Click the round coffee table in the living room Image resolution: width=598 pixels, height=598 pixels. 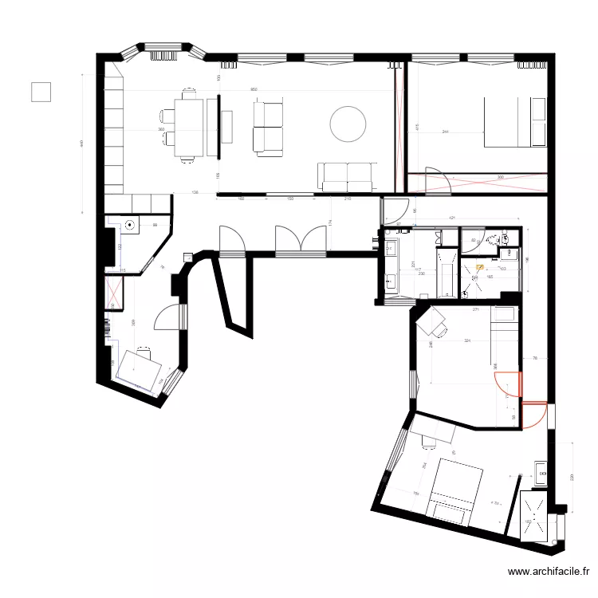(348, 124)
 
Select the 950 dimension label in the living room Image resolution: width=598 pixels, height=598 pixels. (254, 89)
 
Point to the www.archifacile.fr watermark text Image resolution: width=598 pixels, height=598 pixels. (550, 572)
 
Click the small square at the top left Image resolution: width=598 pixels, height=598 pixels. (41, 92)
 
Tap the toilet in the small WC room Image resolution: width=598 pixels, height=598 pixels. (505, 238)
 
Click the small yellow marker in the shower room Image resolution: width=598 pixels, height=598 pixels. (480, 269)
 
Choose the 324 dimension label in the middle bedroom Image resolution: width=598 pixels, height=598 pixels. (468, 342)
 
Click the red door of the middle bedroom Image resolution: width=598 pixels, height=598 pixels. (510, 385)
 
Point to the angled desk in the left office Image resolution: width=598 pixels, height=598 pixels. (137, 368)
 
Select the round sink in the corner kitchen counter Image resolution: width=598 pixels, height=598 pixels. (130, 226)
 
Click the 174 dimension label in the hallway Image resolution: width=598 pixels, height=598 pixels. (330, 223)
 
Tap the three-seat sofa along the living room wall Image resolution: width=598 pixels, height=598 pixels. (347, 176)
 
